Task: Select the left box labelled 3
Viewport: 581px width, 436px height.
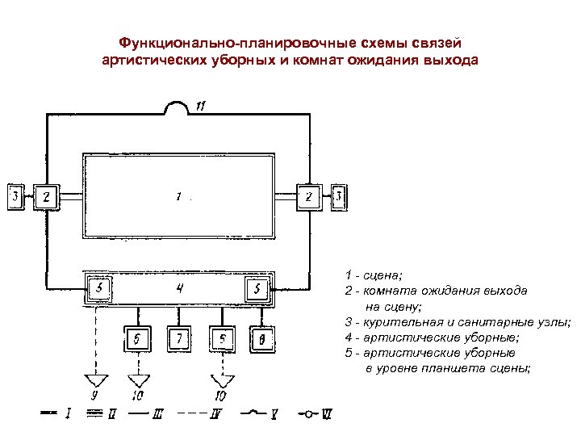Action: point(15,196)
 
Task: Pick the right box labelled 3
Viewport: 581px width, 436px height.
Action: point(340,196)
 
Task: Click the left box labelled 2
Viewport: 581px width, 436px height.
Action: point(47,196)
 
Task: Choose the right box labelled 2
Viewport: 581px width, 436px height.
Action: point(308,196)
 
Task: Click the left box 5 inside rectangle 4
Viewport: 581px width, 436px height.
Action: point(98,288)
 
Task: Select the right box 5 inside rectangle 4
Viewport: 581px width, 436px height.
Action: point(257,288)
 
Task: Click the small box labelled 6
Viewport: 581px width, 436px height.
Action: point(138,340)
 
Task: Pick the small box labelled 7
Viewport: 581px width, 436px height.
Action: point(179,340)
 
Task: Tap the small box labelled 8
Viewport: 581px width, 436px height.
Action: point(261,340)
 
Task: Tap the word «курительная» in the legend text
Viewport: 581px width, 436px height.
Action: point(395,321)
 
